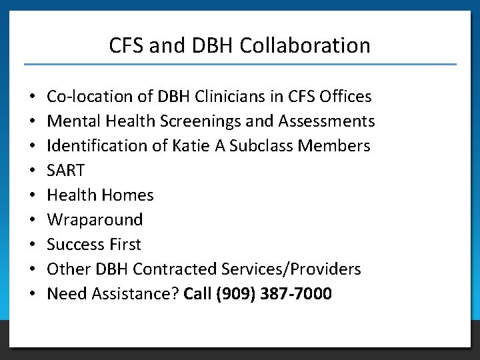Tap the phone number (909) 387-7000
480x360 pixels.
(x=273, y=293)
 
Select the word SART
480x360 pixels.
(x=66, y=171)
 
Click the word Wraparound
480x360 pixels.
(x=95, y=220)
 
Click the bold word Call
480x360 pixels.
(x=197, y=293)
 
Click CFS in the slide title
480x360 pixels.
(x=127, y=45)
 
